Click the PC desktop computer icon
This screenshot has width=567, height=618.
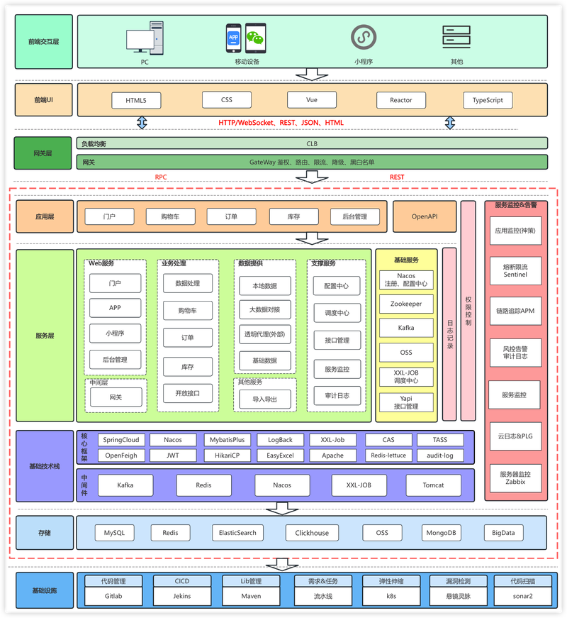tap(145, 38)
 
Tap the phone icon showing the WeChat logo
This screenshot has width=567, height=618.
tap(256, 38)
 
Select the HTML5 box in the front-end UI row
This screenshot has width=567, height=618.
tap(136, 101)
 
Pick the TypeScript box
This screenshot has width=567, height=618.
tap(488, 100)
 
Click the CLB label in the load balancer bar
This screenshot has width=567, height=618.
tap(312, 144)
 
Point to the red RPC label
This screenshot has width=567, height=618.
tap(161, 177)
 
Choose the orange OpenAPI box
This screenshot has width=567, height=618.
tap(425, 216)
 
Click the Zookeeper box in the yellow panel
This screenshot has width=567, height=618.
tap(406, 304)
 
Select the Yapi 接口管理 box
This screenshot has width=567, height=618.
tap(406, 402)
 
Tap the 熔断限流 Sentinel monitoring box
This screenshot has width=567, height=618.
tap(515, 271)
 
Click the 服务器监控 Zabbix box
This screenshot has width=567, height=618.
tap(515, 478)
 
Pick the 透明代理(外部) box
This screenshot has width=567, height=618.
tap(264, 334)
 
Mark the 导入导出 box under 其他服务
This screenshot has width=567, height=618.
tap(264, 399)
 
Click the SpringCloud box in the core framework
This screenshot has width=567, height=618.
tap(121, 440)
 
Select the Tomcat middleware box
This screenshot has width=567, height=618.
tap(433, 485)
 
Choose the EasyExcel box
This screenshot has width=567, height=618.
tap(280, 456)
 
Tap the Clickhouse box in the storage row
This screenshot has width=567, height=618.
tap(312, 533)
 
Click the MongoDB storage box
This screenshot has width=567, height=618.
tap(441, 533)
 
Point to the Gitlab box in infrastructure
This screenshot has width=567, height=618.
tap(113, 596)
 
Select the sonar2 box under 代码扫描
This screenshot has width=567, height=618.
tap(522, 596)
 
